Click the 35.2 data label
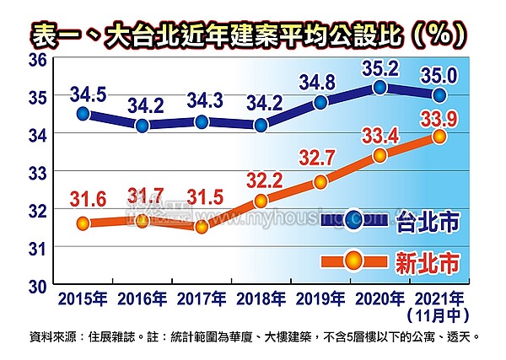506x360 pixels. [x=379, y=68]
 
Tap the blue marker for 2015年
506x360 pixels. [x=83, y=113]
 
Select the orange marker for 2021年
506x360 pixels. [x=439, y=137]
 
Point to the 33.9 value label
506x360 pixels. [x=439, y=117]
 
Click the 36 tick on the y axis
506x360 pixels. [x=36, y=60]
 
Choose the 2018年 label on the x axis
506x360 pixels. [x=261, y=298]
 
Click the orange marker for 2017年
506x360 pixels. [x=201, y=227]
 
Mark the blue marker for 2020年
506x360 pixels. [x=379, y=87]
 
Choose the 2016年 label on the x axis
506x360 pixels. [x=142, y=298]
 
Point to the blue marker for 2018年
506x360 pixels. [x=261, y=125]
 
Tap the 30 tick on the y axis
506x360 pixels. [x=36, y=285]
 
